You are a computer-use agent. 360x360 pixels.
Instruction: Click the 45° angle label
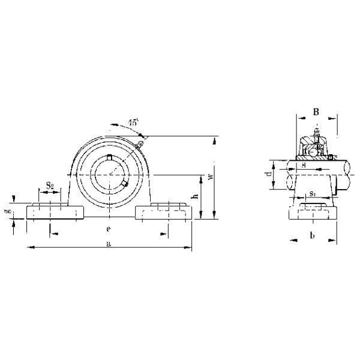[x=133, y=122]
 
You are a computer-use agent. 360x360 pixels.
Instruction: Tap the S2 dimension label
[x=50, y=186]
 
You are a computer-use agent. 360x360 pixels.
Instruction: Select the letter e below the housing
[x=108, y=229]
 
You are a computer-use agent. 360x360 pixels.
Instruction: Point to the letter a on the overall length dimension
[x=108, y=244]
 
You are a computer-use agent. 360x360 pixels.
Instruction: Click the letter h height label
[x=194, y=197]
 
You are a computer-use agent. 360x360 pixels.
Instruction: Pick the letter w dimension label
[x=209, y=178]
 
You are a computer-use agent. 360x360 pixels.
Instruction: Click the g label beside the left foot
[x=8, y=211]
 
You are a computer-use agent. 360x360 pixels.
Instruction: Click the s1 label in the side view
[x=313, y=193]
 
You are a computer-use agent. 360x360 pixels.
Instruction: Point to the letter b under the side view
[x=312, y=236]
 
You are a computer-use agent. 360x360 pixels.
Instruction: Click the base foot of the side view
[x=313, y=212]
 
